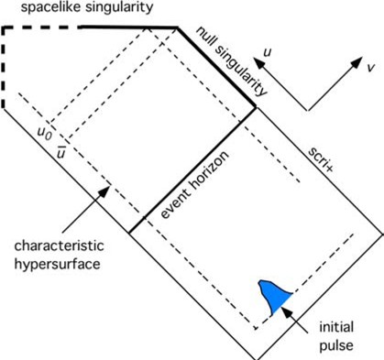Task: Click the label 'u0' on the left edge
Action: pyautogui.click(x=42, y=134)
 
